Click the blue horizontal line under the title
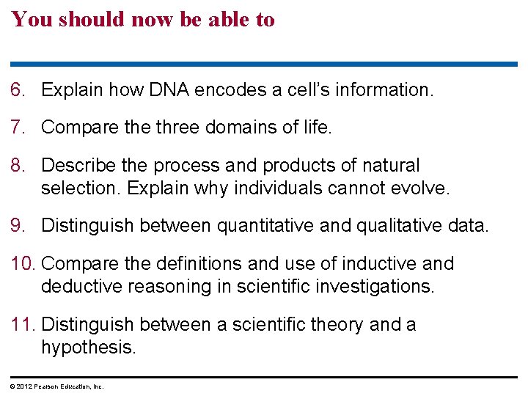pos(264,65)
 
